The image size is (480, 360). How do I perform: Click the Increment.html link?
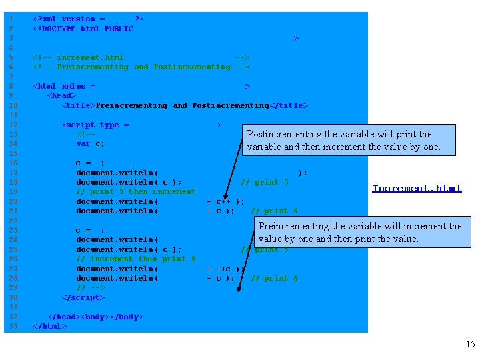coord(417,189)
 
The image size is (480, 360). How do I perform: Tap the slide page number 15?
coord(470,345)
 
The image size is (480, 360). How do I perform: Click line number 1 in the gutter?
coord(11,19)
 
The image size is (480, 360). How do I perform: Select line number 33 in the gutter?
coord(11,326)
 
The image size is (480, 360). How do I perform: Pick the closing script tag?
coord(83,297)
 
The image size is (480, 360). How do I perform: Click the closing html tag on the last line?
coord(49,326)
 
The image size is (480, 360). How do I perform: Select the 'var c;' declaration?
coord(90,143)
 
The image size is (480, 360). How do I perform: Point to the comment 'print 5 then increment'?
coord(136,191)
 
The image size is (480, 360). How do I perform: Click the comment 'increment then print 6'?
coord(136,259)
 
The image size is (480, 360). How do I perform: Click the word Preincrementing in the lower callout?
coord(294,226)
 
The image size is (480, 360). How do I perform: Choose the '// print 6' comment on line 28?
coord(274,278)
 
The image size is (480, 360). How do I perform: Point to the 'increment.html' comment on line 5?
coord(90,57)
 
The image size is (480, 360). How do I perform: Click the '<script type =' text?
coord(95,125)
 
